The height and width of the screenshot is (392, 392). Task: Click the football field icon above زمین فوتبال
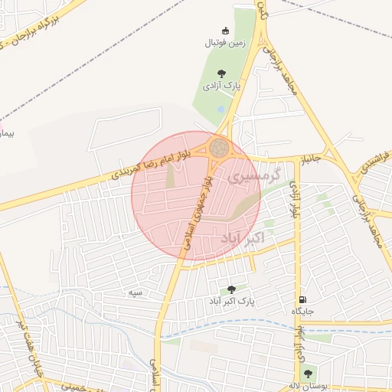pos(225,31)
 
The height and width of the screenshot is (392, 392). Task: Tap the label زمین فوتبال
pos(224,43)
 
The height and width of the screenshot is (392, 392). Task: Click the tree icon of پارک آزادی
pos(222,73)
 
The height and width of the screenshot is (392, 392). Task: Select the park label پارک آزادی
pos(221,87)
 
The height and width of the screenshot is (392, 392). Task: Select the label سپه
pos(137,292)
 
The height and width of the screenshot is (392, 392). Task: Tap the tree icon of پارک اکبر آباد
pos(232,289)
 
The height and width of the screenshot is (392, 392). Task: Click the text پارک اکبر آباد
pos(234,302)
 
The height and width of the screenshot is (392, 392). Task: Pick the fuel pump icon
pos(303,299)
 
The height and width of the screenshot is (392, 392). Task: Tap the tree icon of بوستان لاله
pos(308,374)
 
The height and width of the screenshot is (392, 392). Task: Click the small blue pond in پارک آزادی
pos(221,110)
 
